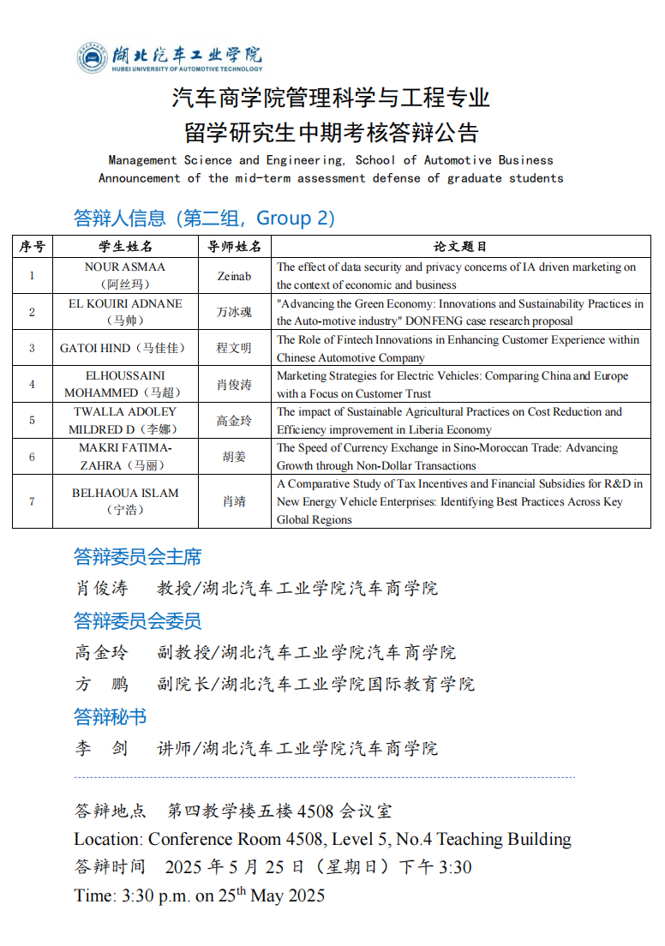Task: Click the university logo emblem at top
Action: (x=92, y=57)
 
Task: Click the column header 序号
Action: (x=32, y=246)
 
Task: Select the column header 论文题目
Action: (x=460, y=246)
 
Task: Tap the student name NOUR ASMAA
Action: (x=125, y=267)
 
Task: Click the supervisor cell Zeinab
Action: (x=235, y=276)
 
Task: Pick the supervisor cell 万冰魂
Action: (x=235, y=312)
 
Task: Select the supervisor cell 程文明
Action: (x=235, y=348)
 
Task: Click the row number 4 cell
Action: (x=32, y=384)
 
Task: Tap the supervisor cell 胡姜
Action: (x=235, y=457)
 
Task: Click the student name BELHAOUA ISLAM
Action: (x=125, y=493)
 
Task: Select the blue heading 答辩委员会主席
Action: (x=138, y=557)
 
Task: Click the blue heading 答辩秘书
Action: (x=110, y=716)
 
